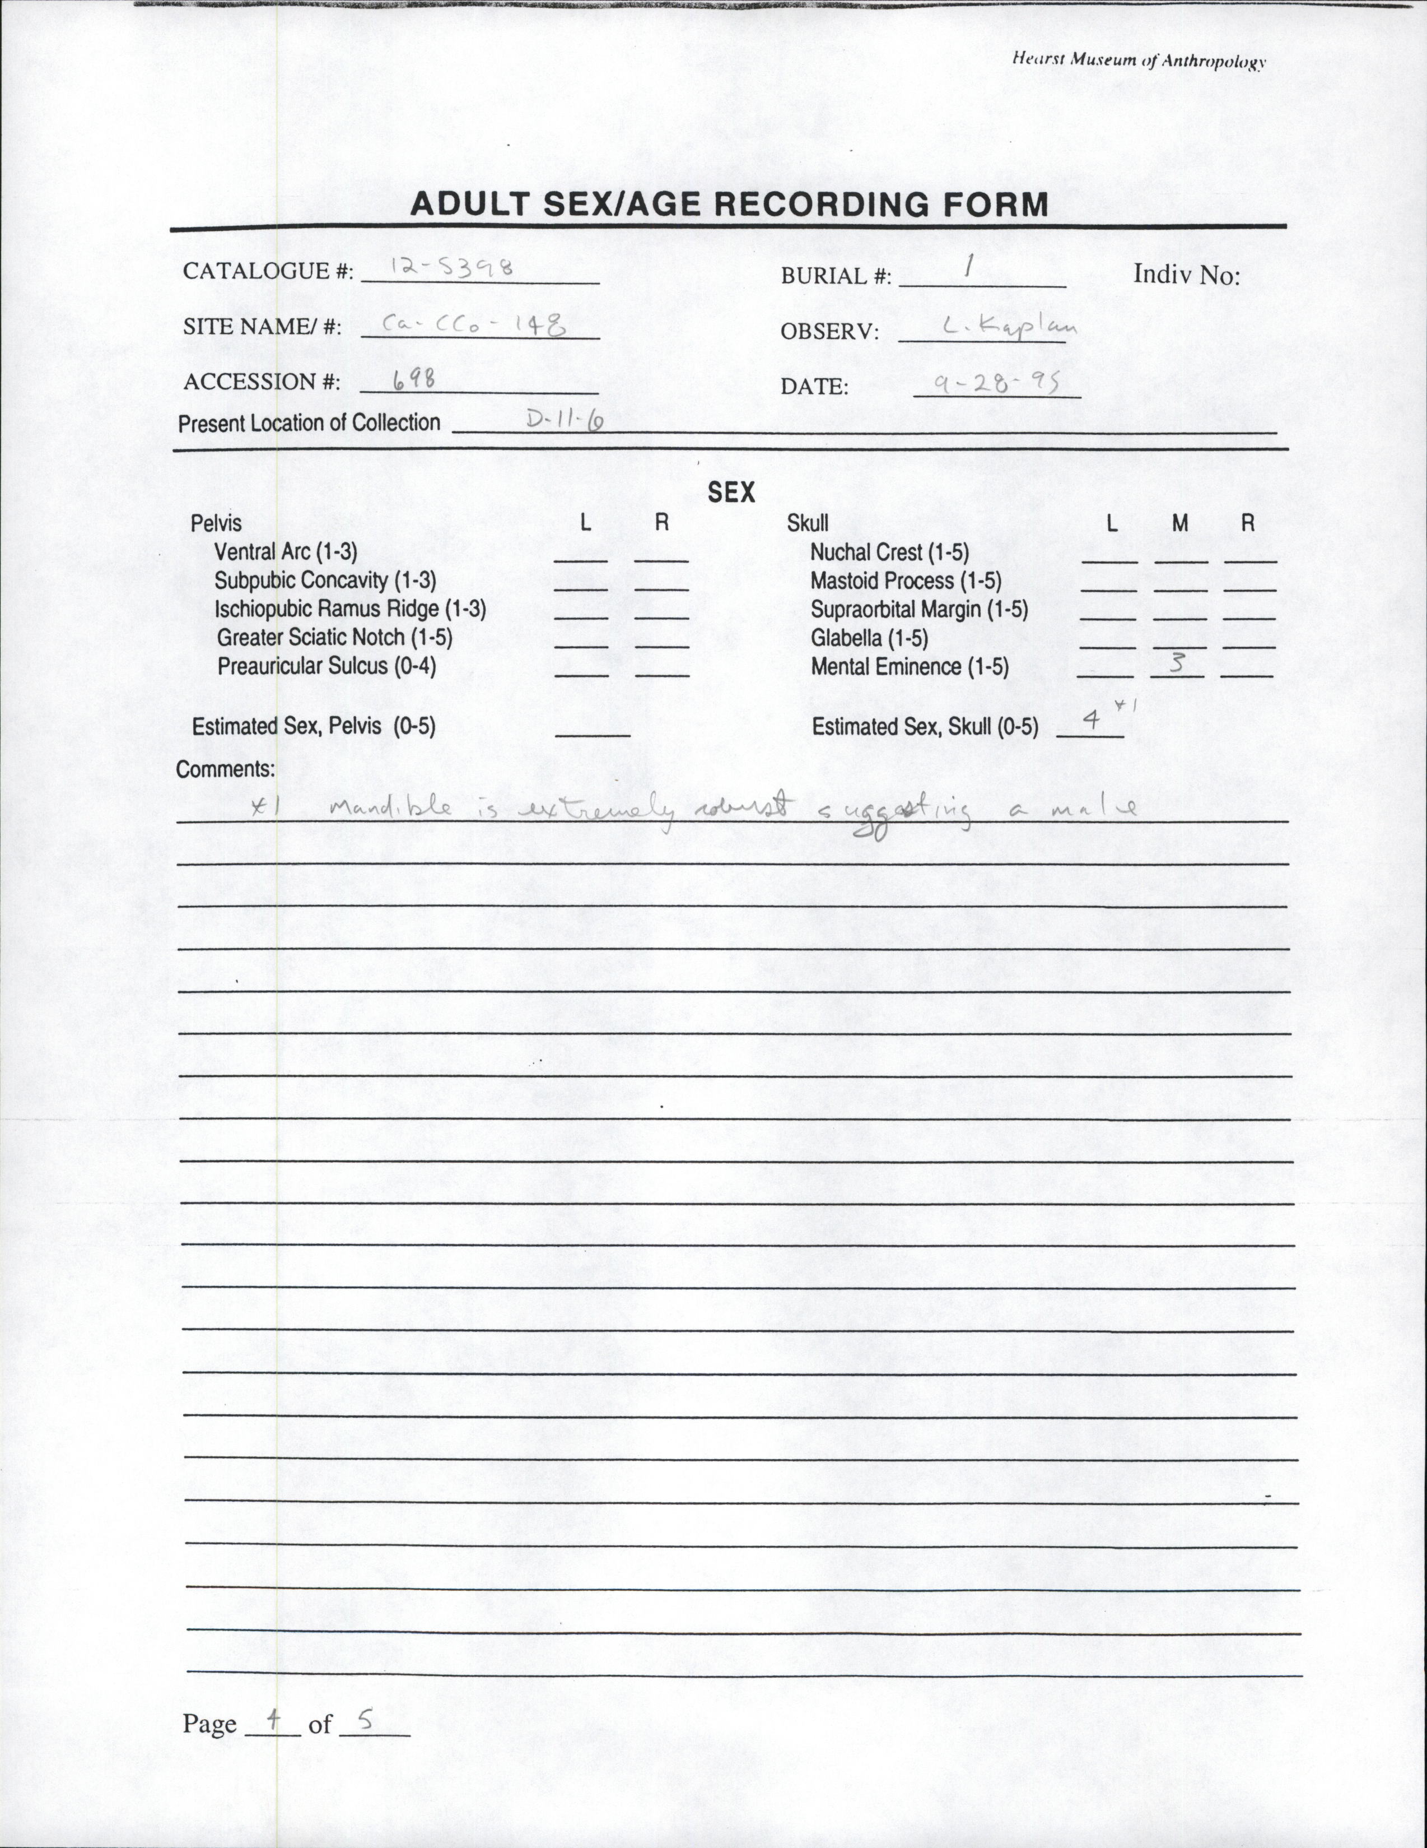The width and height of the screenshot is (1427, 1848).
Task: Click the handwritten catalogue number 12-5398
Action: tap(453, 268)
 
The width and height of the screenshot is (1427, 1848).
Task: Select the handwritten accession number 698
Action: tap(414, 379)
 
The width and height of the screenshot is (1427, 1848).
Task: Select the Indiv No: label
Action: tap(1186, 275)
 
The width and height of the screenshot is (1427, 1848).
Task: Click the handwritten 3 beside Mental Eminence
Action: tap(1177, 662)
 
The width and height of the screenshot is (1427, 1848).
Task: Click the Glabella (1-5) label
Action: tap(869, 638)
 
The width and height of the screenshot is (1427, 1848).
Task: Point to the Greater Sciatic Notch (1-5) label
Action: tap(334, 637)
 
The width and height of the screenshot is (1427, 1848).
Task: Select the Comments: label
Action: tap(225, 769)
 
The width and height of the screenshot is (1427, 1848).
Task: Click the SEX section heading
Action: tap(731, 493)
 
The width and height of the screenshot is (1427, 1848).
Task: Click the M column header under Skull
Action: tap(1180, 524)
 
